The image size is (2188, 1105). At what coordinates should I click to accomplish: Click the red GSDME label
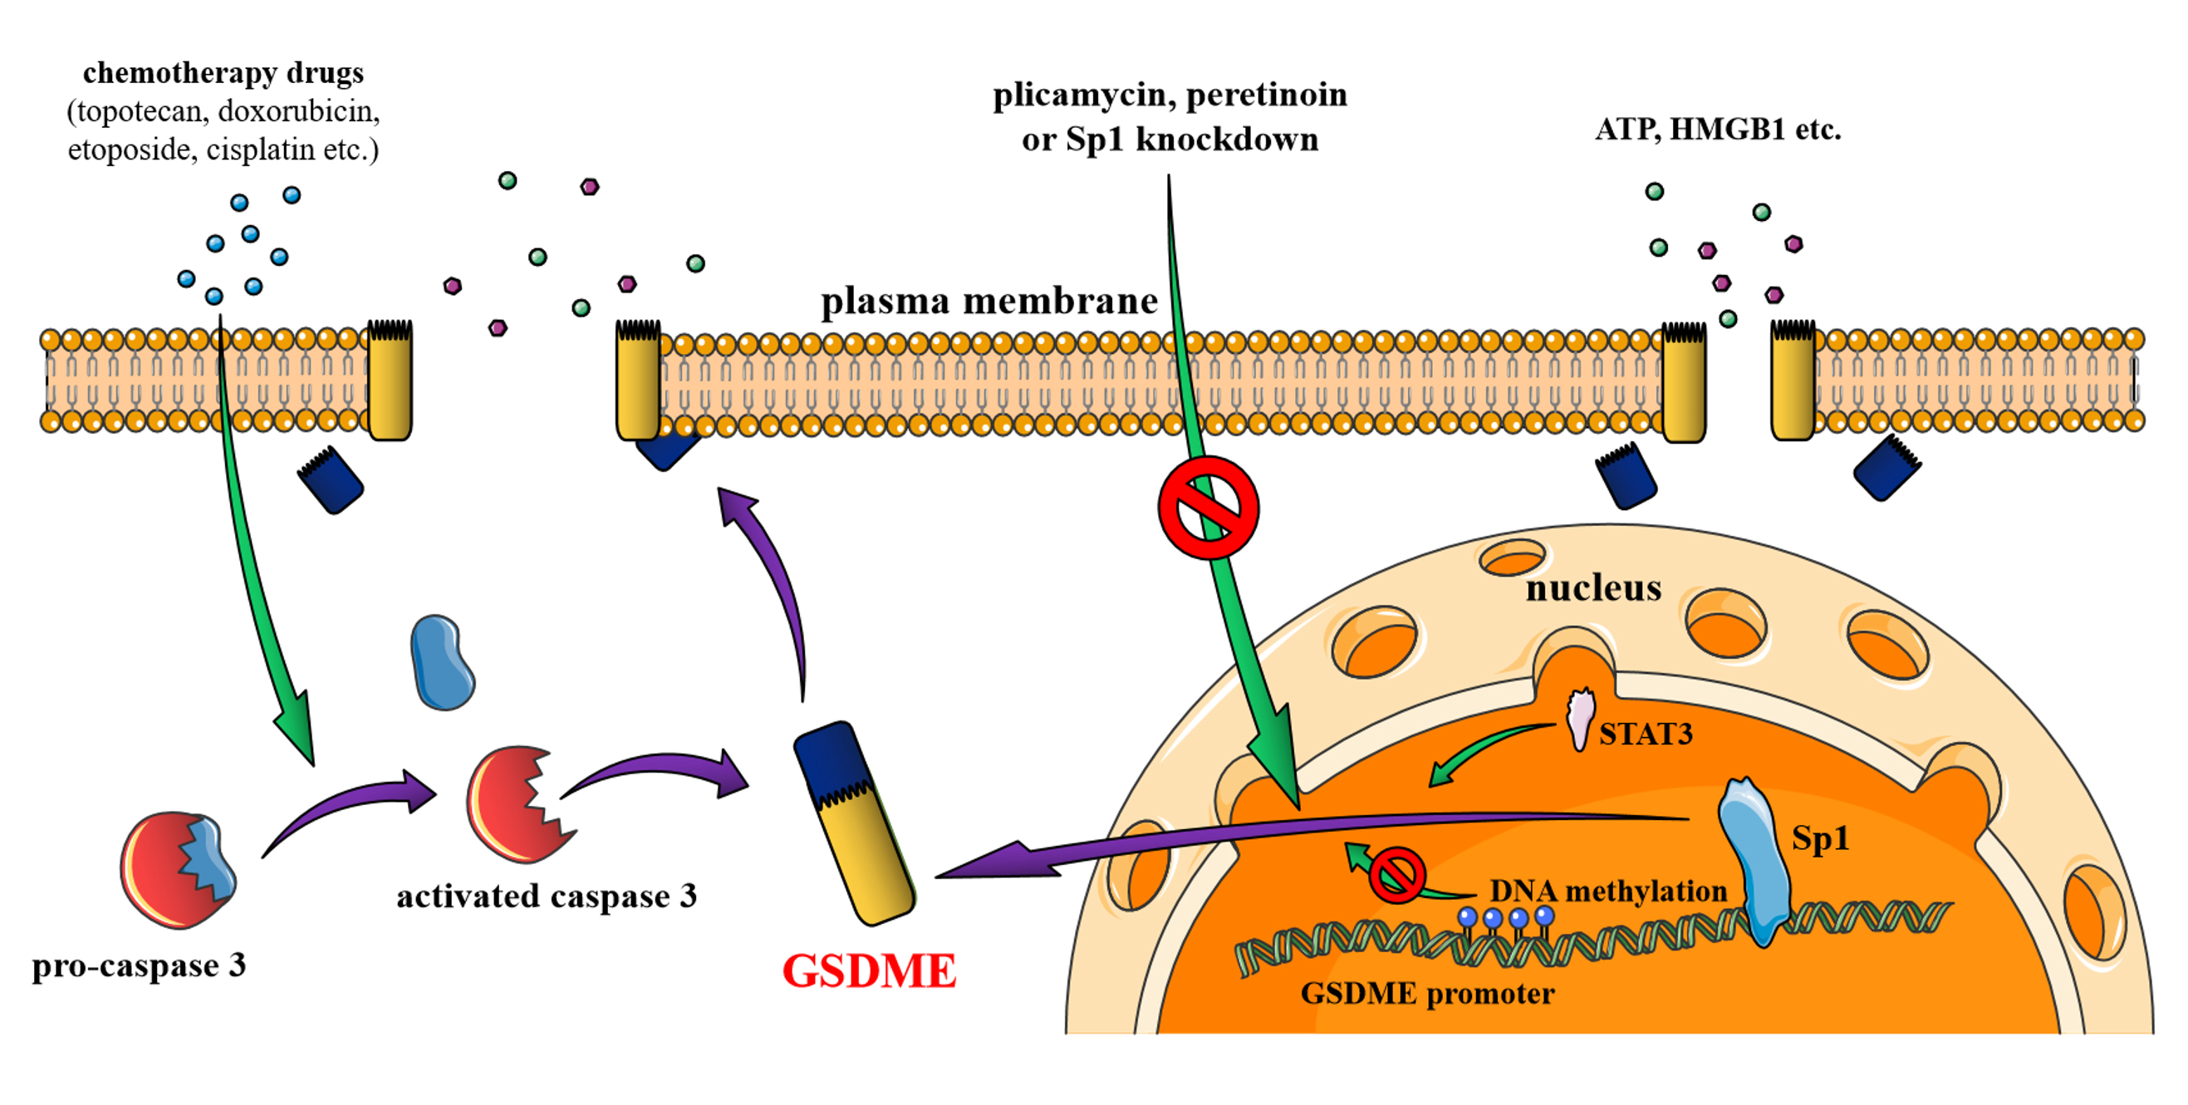click(x=869, y=970)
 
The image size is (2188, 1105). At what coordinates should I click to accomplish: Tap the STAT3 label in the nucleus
click(x=1646, y=734)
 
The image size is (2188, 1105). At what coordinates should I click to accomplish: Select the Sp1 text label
click(x=1819, y=838)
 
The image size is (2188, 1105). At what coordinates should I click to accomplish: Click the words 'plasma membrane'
click(x=989, y=302)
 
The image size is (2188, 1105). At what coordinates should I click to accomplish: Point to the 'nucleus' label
click(x=1592, y=587)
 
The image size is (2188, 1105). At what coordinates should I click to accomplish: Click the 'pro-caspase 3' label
click(x=140, y=965)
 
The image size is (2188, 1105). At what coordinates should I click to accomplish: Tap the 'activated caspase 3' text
click(x=546, y=896)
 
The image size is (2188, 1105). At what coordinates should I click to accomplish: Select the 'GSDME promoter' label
click(x=1427, y=993)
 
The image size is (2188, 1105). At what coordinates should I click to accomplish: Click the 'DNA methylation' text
click(x=1608, y=891)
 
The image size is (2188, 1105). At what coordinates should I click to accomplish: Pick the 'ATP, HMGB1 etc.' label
click(x=1718, y=129)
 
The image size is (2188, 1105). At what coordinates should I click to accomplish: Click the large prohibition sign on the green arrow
click(x=1208, y=508)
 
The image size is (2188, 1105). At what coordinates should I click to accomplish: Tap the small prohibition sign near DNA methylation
click(x=1396, y=875)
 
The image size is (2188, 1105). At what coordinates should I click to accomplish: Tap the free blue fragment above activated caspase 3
click(x=441, y=662)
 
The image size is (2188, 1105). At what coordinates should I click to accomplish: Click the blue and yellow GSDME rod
click(x=854, y=823)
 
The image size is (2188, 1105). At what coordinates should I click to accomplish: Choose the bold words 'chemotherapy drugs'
click(x=223, y=73)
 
